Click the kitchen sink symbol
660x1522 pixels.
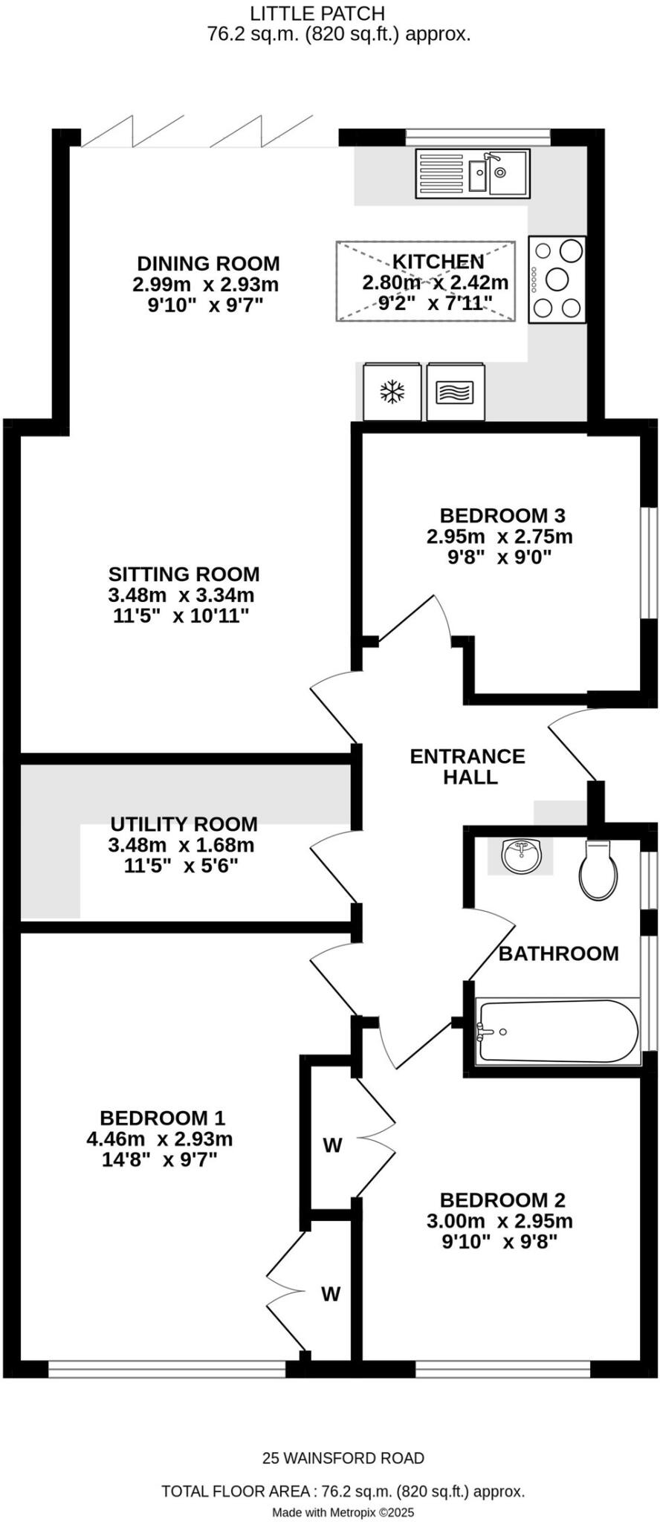click(x=473, y=173)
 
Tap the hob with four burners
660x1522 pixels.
click(x=557, y=279)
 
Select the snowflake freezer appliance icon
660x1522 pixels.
click(x=392, y=392)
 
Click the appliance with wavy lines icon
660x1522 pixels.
click(x=455, y=392)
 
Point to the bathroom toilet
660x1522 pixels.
click(x=598, y=870)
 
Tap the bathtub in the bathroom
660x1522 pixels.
click(x=557, y=1031)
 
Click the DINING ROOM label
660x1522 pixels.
click(x=208, y=263)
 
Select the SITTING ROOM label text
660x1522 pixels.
click(x=184, y=574)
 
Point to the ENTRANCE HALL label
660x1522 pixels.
click(x=467, y=766)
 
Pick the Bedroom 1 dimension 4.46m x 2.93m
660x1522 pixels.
click(x=160, y=1139)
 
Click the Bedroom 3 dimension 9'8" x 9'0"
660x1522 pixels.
click(x=499, y=557)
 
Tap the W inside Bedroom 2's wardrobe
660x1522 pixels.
click(x=332, y=1145)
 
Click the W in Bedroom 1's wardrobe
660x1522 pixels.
click(x=331, y=1294)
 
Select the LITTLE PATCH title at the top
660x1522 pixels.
click(x=317, y=13)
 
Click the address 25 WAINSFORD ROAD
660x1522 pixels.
click(x=343, y=1458)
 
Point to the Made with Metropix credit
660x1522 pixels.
click(x=343, y=1512)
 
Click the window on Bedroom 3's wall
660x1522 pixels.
click(x=650, y=563)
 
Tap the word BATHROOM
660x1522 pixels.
click(x=558, y=953)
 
